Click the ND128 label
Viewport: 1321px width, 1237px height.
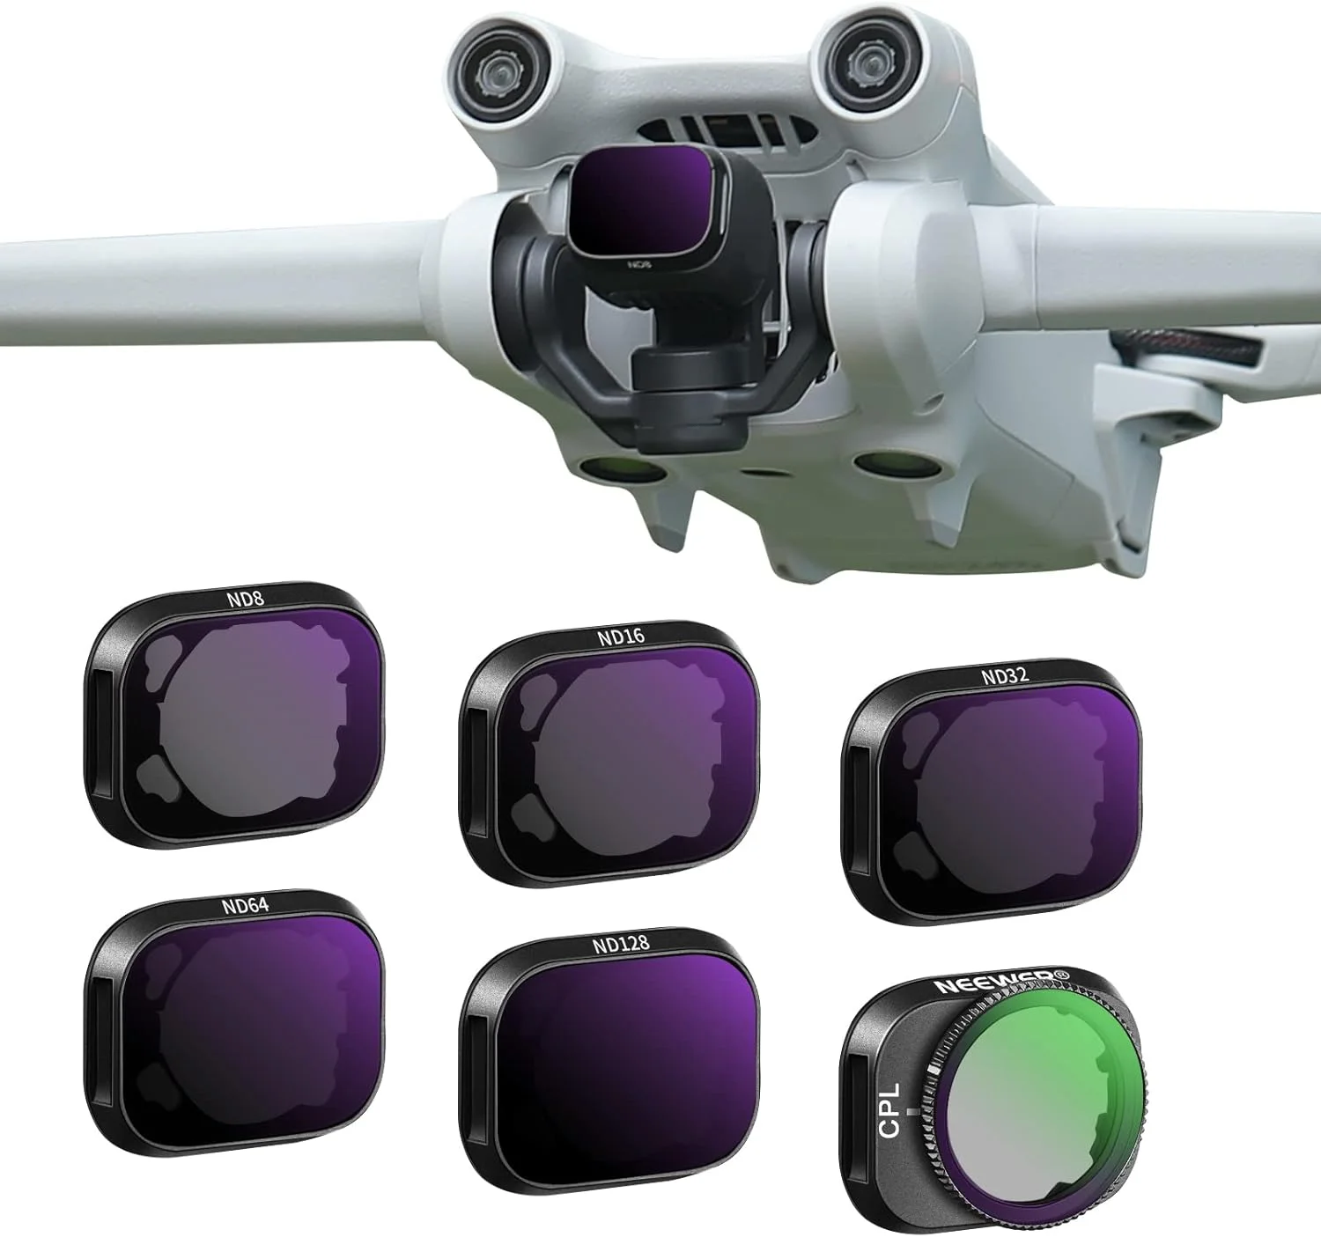(620, 945)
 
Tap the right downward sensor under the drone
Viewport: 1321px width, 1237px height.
(889, 461)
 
